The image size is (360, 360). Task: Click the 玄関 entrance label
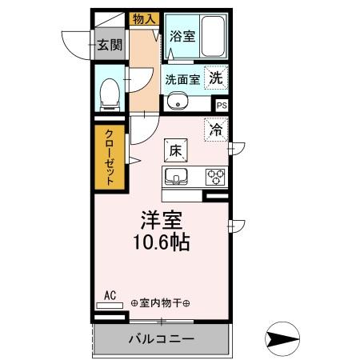tap(110, 46)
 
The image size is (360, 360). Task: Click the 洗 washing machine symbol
tap(216, 78)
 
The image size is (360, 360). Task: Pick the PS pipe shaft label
tap(222, 104)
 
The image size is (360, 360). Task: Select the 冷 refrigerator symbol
tap(216, 128)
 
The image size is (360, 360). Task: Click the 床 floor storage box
tap(176, 150)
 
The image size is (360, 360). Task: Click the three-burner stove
tap(216, 176)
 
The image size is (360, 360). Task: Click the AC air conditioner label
tap(110, 295)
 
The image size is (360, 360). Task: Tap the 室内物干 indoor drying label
tap(160, 302)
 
